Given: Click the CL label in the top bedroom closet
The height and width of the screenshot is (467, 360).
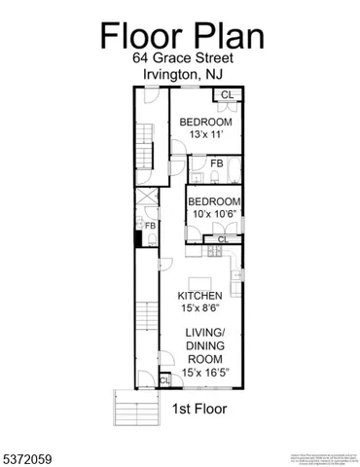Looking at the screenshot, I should tap(227, 94).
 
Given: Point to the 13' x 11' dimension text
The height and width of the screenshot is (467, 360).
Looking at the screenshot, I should tap(204, 133).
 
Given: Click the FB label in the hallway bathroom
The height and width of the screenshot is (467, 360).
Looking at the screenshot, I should tap(151, 226).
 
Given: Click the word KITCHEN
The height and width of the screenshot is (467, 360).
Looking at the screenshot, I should tap(200, 296).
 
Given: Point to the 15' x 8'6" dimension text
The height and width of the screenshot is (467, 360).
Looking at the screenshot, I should tap(200, 308).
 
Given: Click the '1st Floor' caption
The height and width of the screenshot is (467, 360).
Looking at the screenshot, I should tap(199, 409).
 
